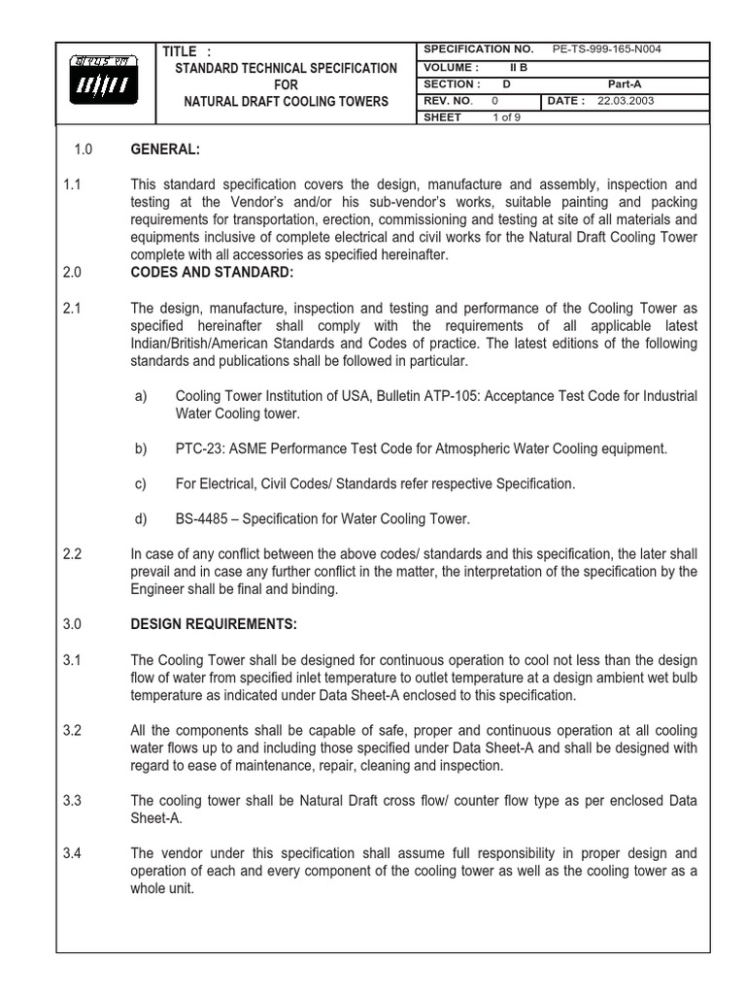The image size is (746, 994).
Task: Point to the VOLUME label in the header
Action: [x=452, y=67]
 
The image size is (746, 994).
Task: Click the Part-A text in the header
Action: [x=625, y=83]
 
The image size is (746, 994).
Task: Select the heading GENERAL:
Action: [x=165, y=149]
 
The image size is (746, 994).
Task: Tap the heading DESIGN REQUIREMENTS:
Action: [x=214, y=623]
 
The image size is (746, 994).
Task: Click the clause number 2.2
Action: [x=72, y=554]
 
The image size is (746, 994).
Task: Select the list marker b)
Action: [x=141, y=448]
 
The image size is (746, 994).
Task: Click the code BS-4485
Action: [x=201, y=518]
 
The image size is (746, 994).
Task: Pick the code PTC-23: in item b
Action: [x=198, y=448]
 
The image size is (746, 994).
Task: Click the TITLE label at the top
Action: [x=180, y=50]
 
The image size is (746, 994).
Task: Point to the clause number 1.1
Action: [x=72, y=184]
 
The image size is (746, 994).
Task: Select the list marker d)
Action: [x=141, y=518]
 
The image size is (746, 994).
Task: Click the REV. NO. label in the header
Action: [x=448, y=100]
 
